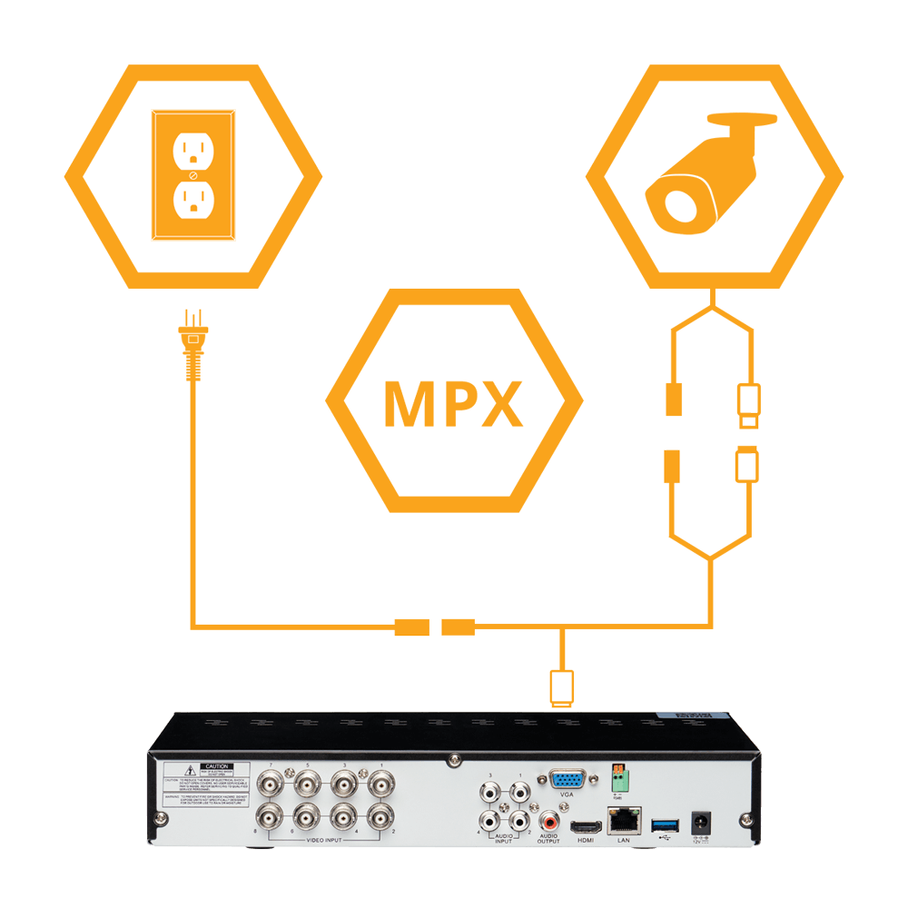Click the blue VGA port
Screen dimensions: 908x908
pos(567,782)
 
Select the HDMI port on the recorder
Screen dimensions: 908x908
pos(586,826)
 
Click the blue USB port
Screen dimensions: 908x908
pos(664,824)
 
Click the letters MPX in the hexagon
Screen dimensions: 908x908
pos(454,402)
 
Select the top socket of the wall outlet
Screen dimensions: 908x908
pos(192,151)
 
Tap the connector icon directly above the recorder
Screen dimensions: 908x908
pos(562,687)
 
